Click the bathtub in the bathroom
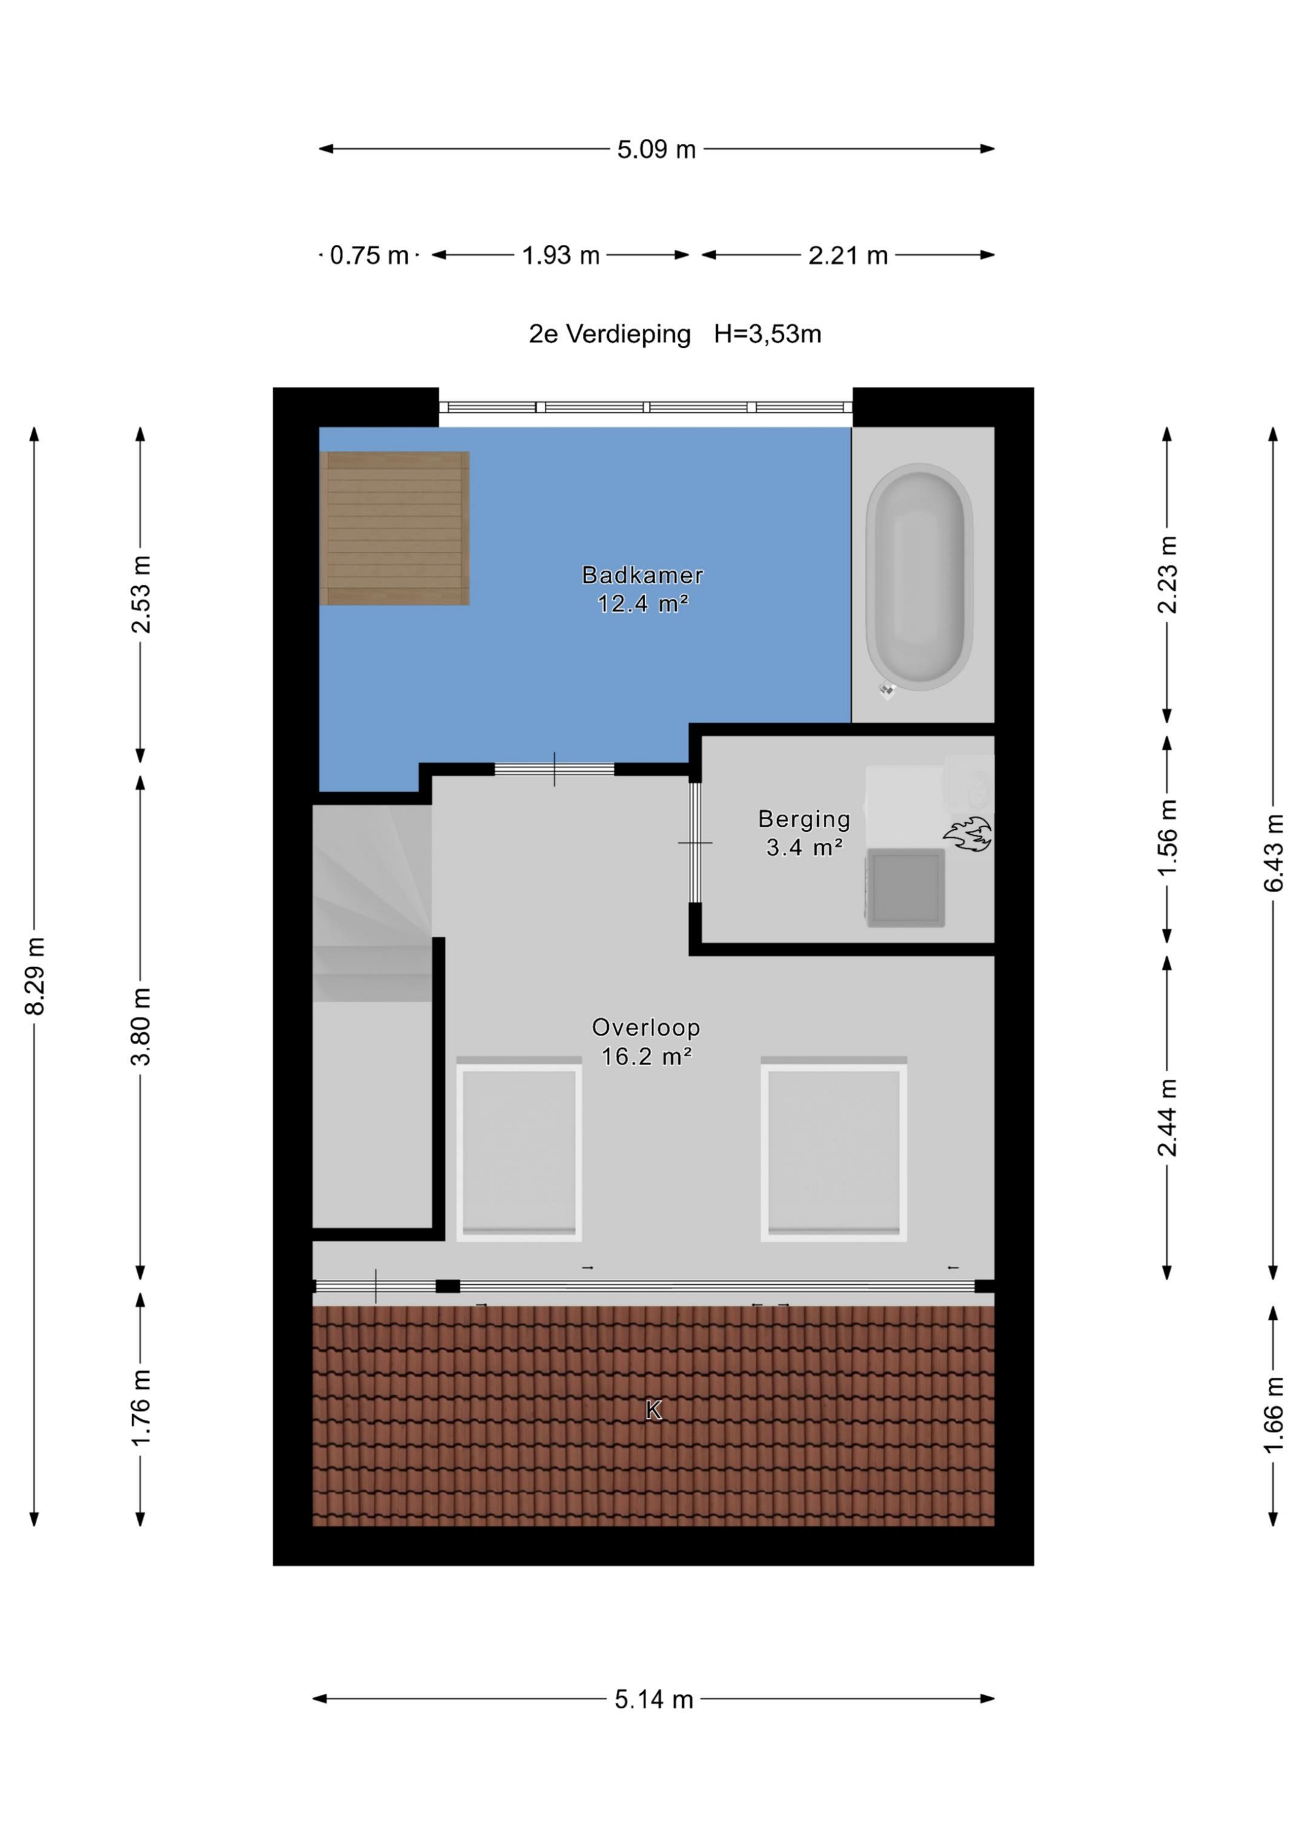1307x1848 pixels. (919, 577)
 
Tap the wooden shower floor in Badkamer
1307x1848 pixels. (395, 528)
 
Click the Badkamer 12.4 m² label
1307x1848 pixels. (643, 589)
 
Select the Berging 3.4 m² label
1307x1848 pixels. (805, 833)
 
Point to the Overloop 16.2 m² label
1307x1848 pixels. (646, 1042)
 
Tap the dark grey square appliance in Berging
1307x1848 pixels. (905, 888)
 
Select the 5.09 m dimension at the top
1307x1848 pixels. (657, 149)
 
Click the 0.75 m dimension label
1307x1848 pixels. (369, 255)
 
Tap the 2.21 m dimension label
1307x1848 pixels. (848, 255)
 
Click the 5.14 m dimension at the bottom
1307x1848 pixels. (654, 1699)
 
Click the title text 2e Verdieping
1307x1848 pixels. (609, 334)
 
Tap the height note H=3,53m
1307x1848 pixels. (767, 334)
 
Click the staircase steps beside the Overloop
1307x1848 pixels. (372, 903)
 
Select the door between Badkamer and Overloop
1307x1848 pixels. (554, 769)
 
